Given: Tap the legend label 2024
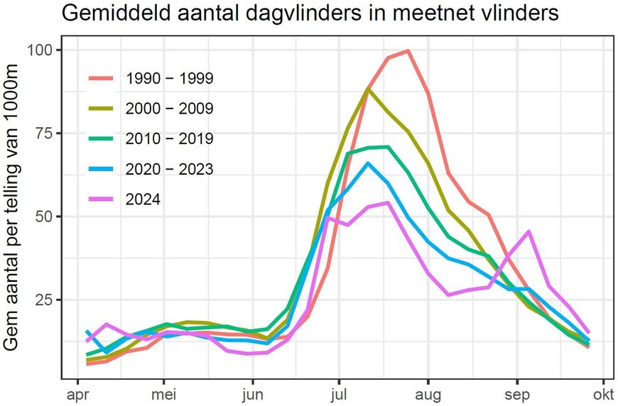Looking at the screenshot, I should tap(143, 199).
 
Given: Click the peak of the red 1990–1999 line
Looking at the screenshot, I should tap(408, 50).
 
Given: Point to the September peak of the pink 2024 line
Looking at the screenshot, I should tap(529, 231).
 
